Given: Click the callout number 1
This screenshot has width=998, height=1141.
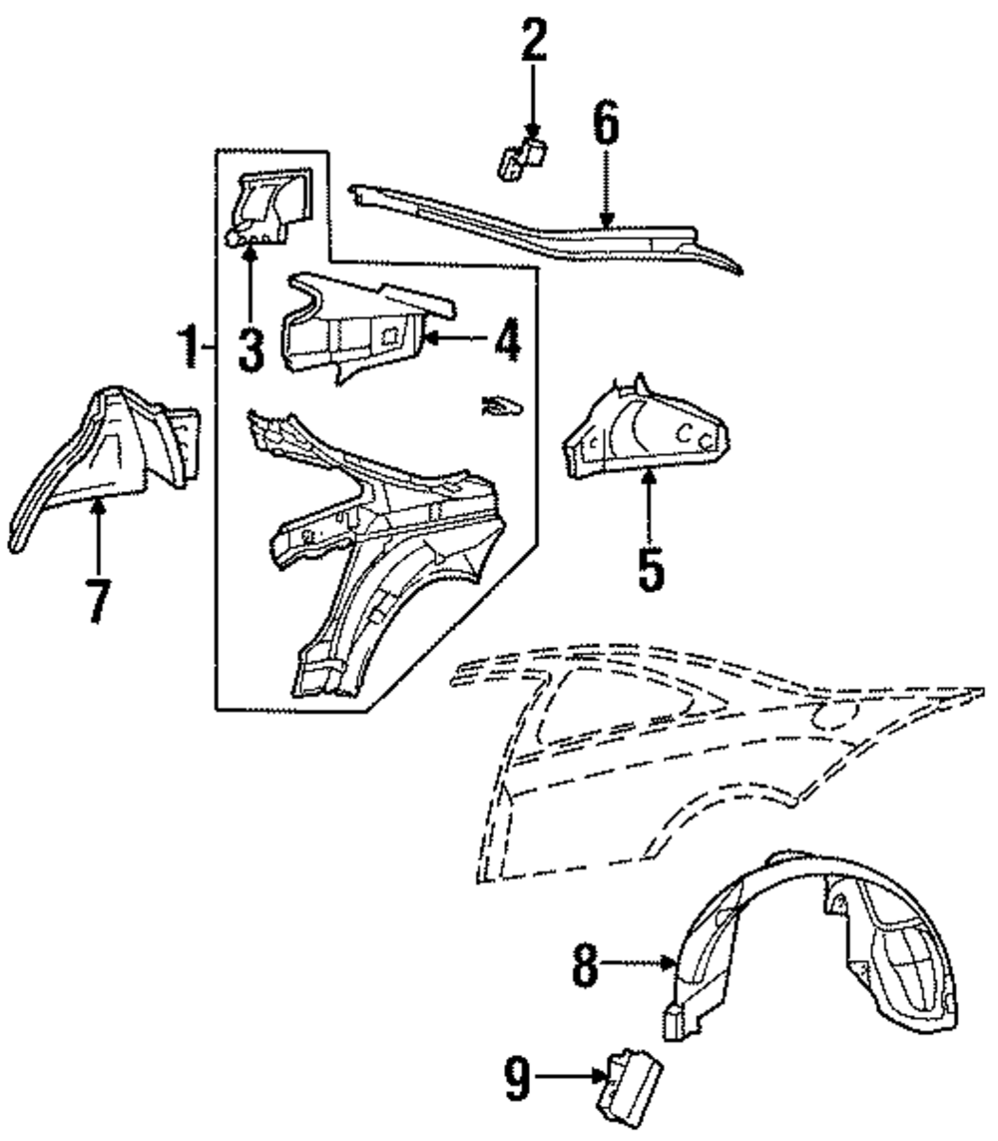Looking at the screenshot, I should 188,346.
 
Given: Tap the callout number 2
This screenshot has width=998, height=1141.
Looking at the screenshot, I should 533,42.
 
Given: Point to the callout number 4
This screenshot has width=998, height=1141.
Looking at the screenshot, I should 506,340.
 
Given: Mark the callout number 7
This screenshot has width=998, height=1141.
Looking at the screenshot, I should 97,599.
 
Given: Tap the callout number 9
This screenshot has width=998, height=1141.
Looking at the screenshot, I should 517,1077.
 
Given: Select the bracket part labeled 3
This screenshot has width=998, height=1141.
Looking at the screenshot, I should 267,205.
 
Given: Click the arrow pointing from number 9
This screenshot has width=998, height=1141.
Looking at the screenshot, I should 569,1076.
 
